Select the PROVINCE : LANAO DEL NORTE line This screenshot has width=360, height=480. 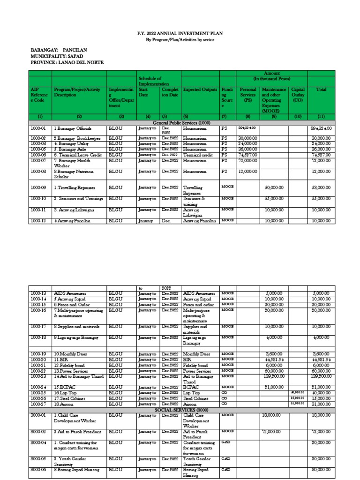[x=67, y=62]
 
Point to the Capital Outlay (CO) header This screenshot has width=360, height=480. [x=298, y=94]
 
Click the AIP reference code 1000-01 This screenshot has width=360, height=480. [x=39, y=128]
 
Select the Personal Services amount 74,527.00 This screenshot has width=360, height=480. [x=248, y=155]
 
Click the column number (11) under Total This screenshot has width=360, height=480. [x=321, y=116]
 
